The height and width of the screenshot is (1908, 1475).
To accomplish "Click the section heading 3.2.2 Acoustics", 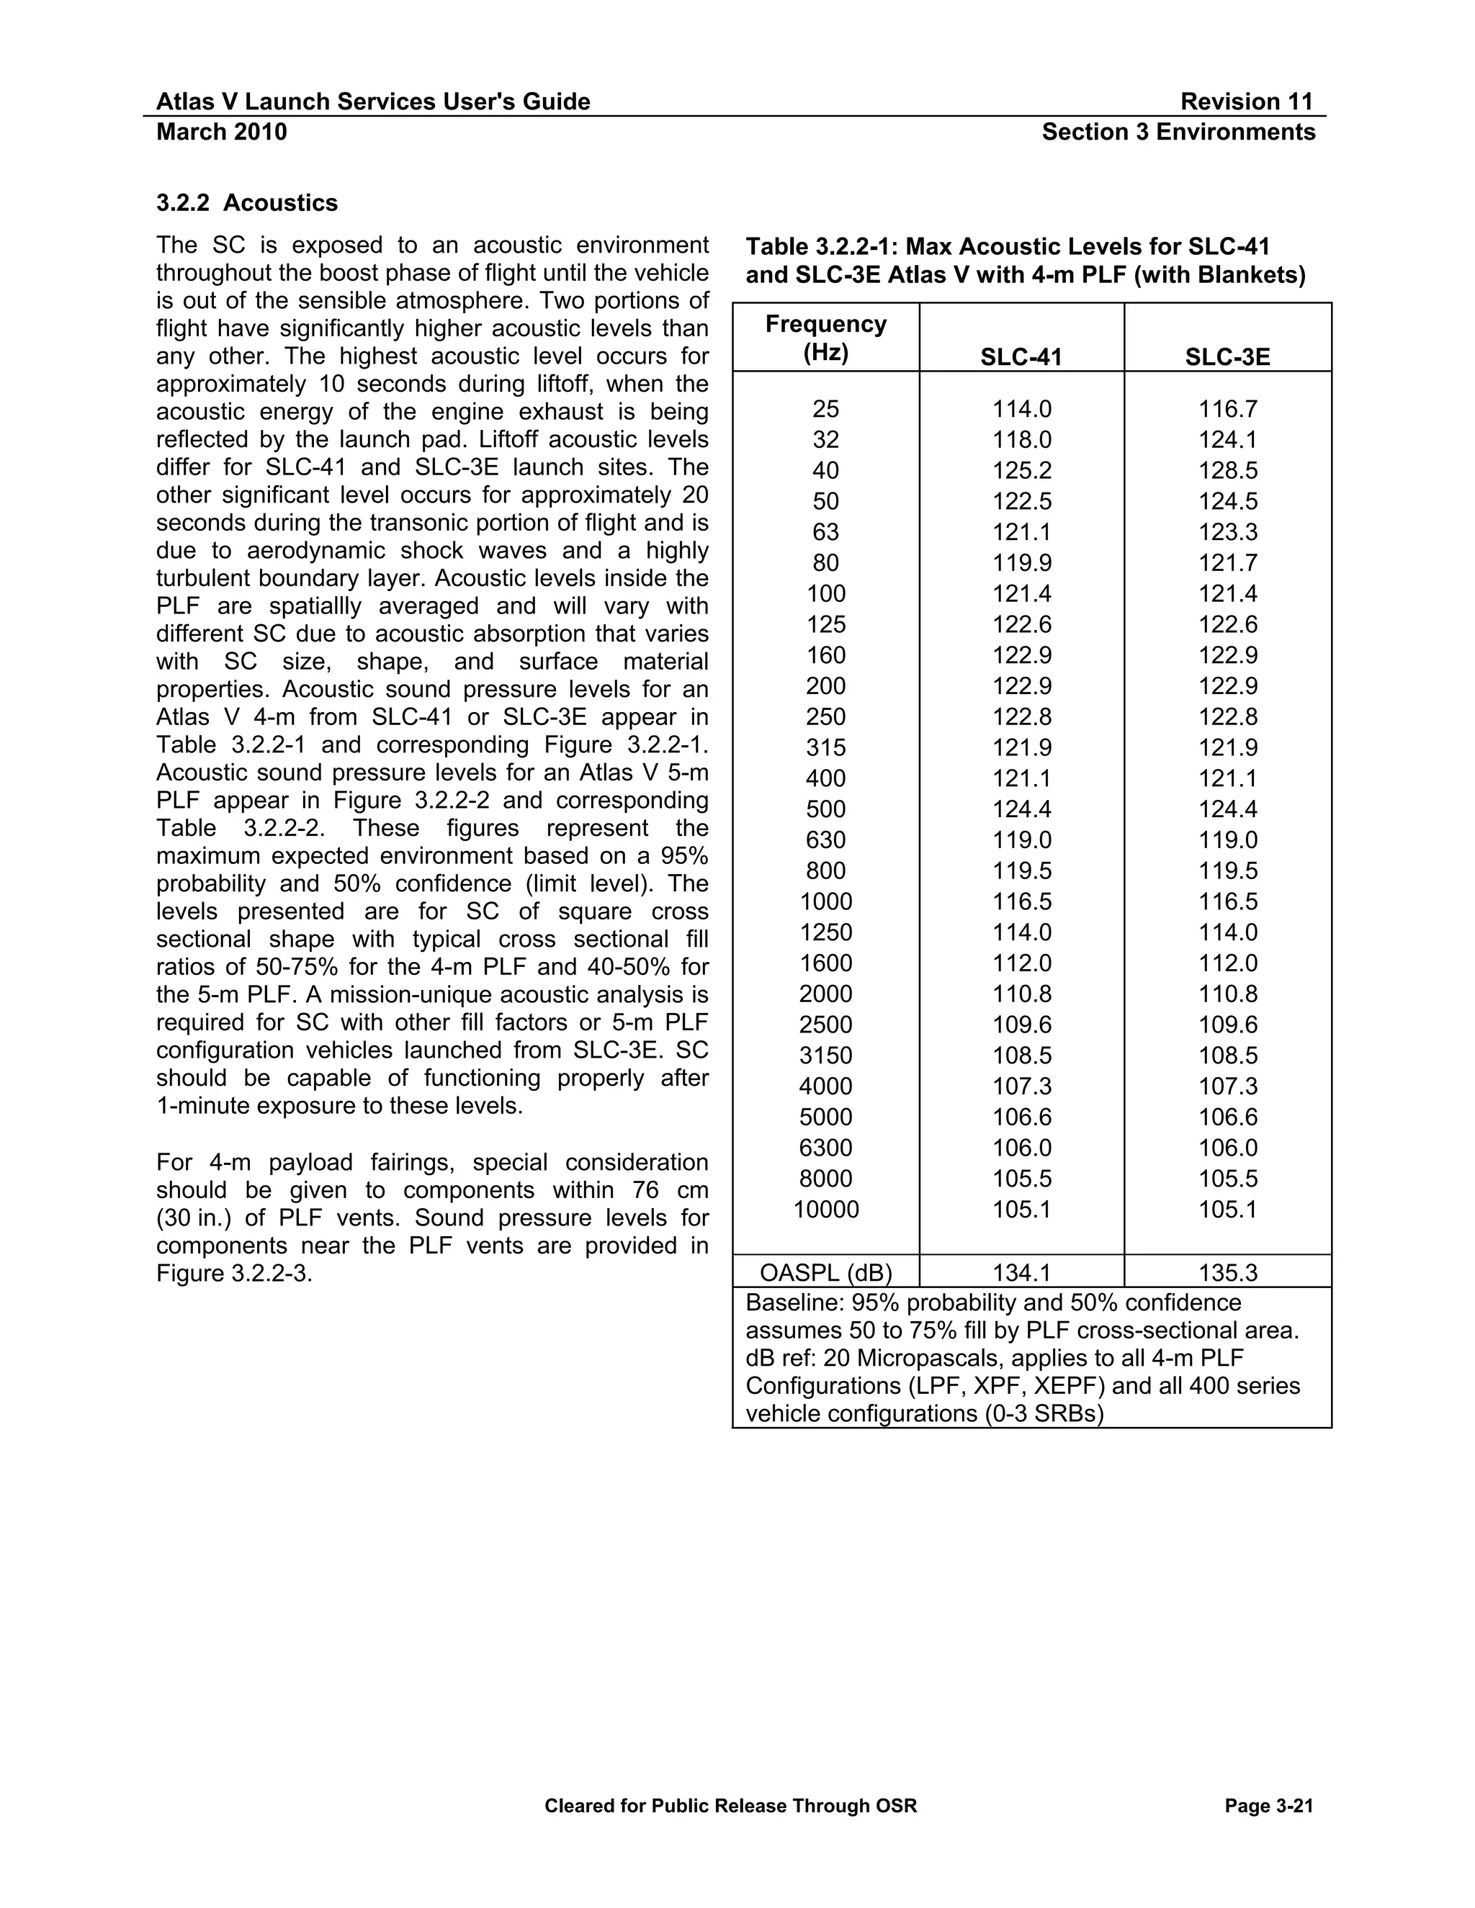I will coord(246,203).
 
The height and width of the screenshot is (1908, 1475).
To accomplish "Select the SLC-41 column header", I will coord(1021,356).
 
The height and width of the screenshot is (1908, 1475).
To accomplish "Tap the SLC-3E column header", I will coord(1227,356).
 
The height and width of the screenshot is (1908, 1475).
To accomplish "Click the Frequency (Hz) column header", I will coord(826,338).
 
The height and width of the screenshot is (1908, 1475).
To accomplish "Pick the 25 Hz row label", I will coord(826,409).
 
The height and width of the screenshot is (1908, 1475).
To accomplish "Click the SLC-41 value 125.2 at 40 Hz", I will coord(1021,471).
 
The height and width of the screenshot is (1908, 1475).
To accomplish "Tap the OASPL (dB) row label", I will coord(826,1273).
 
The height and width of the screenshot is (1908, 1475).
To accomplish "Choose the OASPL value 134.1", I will coord(1021,1273).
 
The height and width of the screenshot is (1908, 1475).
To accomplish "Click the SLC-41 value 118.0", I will coord(1021,439).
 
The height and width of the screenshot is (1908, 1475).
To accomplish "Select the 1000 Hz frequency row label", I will coord(826,901).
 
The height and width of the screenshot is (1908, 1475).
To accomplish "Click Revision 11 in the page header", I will coord(1246,102).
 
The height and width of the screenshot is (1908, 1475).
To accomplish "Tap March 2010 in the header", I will coord(221,132).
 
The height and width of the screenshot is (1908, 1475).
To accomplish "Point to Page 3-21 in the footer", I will coord(1269,1806).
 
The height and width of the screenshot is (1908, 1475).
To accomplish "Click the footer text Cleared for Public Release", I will coord(730,1806).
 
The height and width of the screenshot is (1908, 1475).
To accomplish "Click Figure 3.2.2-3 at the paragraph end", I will coord(233,1274).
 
